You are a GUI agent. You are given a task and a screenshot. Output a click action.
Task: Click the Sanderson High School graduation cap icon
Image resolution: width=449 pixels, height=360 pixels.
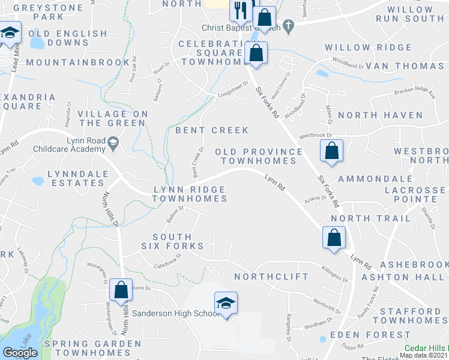coord(226,303)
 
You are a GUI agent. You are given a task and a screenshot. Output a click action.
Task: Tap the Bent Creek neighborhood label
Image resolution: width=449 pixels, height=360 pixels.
coord(211,130)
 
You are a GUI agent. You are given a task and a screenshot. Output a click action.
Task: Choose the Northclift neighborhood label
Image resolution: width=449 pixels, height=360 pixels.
coord(271,277)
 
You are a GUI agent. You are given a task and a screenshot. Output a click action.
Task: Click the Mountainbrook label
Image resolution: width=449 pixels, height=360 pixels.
coord(77,62)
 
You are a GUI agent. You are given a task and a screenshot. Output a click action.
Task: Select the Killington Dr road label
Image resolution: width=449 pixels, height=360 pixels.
coord(335,274)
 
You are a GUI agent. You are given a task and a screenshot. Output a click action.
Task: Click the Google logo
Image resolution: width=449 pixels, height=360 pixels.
coord(20,352)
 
